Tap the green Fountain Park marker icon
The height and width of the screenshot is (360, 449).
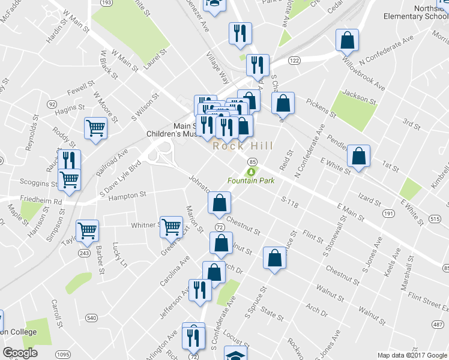tap(252, 172)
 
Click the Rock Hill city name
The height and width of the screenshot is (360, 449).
tap(243, 146)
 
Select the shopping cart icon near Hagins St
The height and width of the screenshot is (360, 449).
tap(96, 128)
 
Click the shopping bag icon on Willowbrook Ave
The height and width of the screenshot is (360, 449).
tap(348, 41)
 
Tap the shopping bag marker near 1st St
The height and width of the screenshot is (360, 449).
tap(358, 157)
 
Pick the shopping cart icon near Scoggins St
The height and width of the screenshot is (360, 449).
tap(70, 178)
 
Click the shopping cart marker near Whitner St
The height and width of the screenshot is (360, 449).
tap(172, 227)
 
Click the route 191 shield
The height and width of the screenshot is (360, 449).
tap(389, 214)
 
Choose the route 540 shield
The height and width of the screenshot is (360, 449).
tap(91, 317)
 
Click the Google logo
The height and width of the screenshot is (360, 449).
tap(20, 352)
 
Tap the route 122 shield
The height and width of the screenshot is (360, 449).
tap(294, 61)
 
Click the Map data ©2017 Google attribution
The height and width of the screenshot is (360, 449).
tap(412, 355)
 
